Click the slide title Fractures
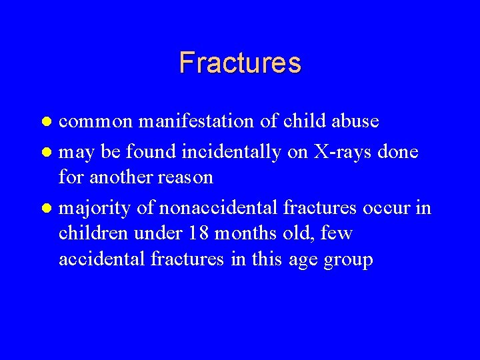[x=240, y=63]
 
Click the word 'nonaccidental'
[x=215, y=208]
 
